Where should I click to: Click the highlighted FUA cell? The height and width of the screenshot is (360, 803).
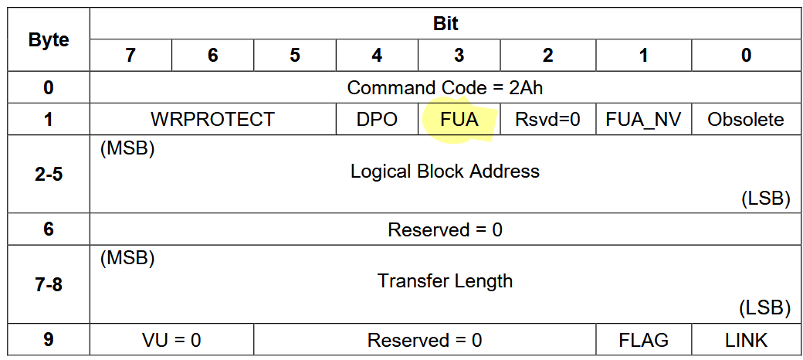459,119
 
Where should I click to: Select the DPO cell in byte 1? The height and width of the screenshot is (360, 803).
377,119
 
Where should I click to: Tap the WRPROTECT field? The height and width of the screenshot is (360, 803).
212,119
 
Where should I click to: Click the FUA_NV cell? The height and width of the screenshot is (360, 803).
644,119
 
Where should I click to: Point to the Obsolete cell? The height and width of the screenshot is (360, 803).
746,119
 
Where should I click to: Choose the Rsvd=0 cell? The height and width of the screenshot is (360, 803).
548,119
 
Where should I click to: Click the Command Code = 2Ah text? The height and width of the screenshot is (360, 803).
445,87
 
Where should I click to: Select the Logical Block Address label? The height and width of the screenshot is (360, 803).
445,171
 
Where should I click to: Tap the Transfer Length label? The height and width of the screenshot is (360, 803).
445,280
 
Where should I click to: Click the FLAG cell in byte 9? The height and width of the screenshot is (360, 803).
644,339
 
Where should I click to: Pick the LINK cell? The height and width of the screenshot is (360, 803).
746,339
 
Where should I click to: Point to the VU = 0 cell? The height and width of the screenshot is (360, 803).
171,339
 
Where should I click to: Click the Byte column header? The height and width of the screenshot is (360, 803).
49,39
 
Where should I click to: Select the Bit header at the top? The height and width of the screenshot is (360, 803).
445,23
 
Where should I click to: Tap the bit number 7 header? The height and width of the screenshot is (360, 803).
130,56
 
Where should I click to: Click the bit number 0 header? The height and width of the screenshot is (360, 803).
746,56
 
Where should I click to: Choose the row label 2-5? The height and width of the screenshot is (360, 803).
49,174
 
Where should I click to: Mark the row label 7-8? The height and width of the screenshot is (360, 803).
49,284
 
